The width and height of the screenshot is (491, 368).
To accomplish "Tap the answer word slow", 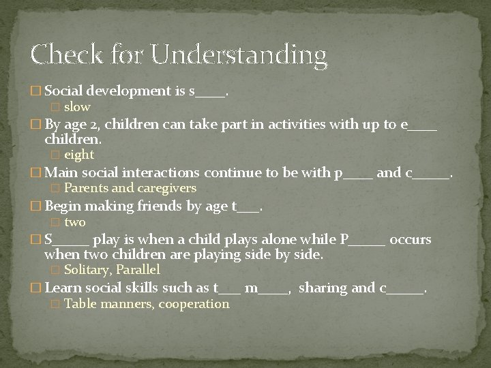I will [77, 107].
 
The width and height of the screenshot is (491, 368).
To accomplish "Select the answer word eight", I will [79, 155].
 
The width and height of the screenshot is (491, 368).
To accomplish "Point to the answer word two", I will [75, 222].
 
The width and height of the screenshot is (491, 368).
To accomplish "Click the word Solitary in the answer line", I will [87, 270].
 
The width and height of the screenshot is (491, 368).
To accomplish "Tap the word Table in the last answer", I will [80, 304].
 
